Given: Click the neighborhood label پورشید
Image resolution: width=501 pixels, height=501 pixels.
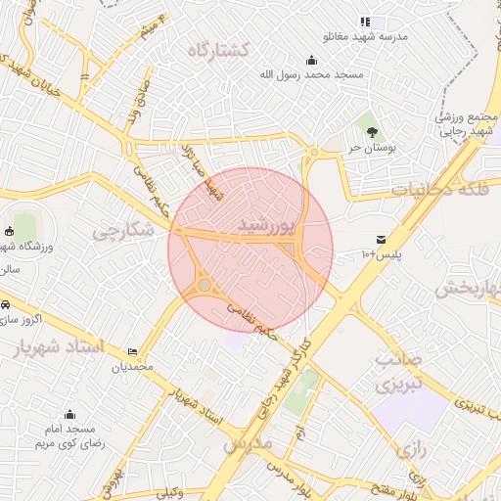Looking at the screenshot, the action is point(265,226).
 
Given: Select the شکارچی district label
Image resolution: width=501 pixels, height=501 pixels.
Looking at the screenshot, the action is point(123,231).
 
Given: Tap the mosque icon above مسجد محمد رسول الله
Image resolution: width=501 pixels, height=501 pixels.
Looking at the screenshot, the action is point(311,60).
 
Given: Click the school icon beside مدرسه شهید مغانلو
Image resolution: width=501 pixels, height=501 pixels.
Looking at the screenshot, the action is point(365,22).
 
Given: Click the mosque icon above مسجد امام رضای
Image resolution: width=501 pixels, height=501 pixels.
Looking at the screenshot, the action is point(69,415).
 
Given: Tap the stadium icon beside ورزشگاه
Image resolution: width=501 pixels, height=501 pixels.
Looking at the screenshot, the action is point(10,232).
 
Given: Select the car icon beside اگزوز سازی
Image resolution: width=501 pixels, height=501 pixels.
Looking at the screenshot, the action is point(5,304).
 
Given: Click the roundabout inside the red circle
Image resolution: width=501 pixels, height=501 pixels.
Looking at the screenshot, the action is point(205,286).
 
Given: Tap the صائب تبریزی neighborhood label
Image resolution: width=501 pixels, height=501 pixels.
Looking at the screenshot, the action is point(398,372).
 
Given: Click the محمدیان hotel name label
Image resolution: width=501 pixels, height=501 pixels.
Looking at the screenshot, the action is point(132,367).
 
